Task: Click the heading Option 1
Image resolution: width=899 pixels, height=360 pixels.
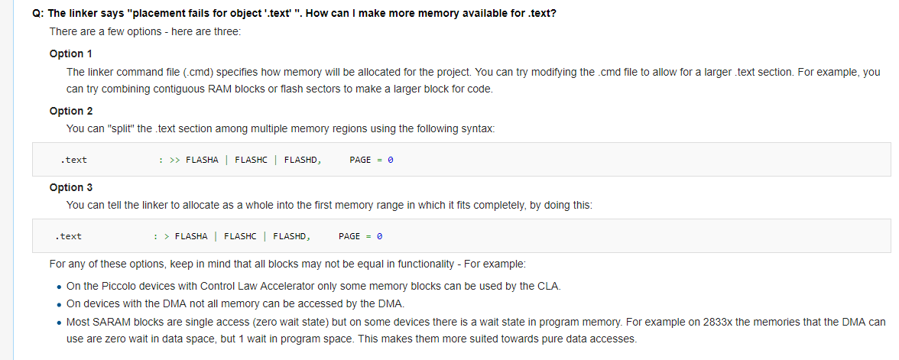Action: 71,54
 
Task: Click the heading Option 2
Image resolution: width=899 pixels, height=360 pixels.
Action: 71,111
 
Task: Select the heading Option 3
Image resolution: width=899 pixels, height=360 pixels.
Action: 71,187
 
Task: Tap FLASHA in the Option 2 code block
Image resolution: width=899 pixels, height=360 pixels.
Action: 202,160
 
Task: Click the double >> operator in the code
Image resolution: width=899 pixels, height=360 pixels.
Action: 174,160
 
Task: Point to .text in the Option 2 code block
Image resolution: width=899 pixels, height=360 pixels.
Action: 74,160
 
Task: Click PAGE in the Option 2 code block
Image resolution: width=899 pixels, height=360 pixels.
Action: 360,160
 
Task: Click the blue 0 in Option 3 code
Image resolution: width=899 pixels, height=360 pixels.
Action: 380,236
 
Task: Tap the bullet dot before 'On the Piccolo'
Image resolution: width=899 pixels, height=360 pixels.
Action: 60,287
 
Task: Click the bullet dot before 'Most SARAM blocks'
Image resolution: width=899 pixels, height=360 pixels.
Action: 60,323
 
